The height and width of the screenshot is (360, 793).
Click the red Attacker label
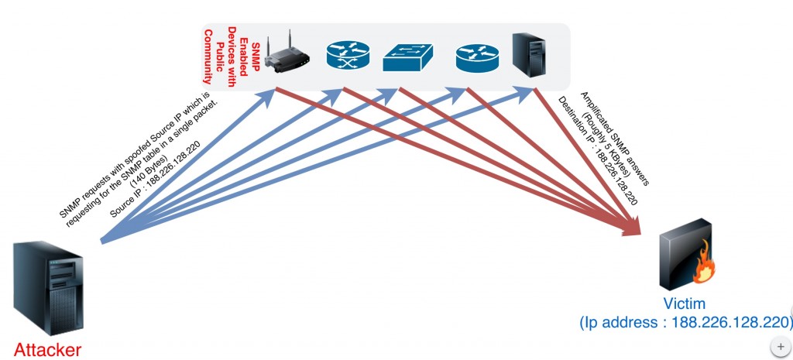pos(47,349)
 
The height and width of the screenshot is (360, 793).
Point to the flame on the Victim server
pos(704,272)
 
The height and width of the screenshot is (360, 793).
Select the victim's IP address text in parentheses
pos(686,321)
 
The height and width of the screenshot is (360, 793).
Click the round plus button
pos(780,345)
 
